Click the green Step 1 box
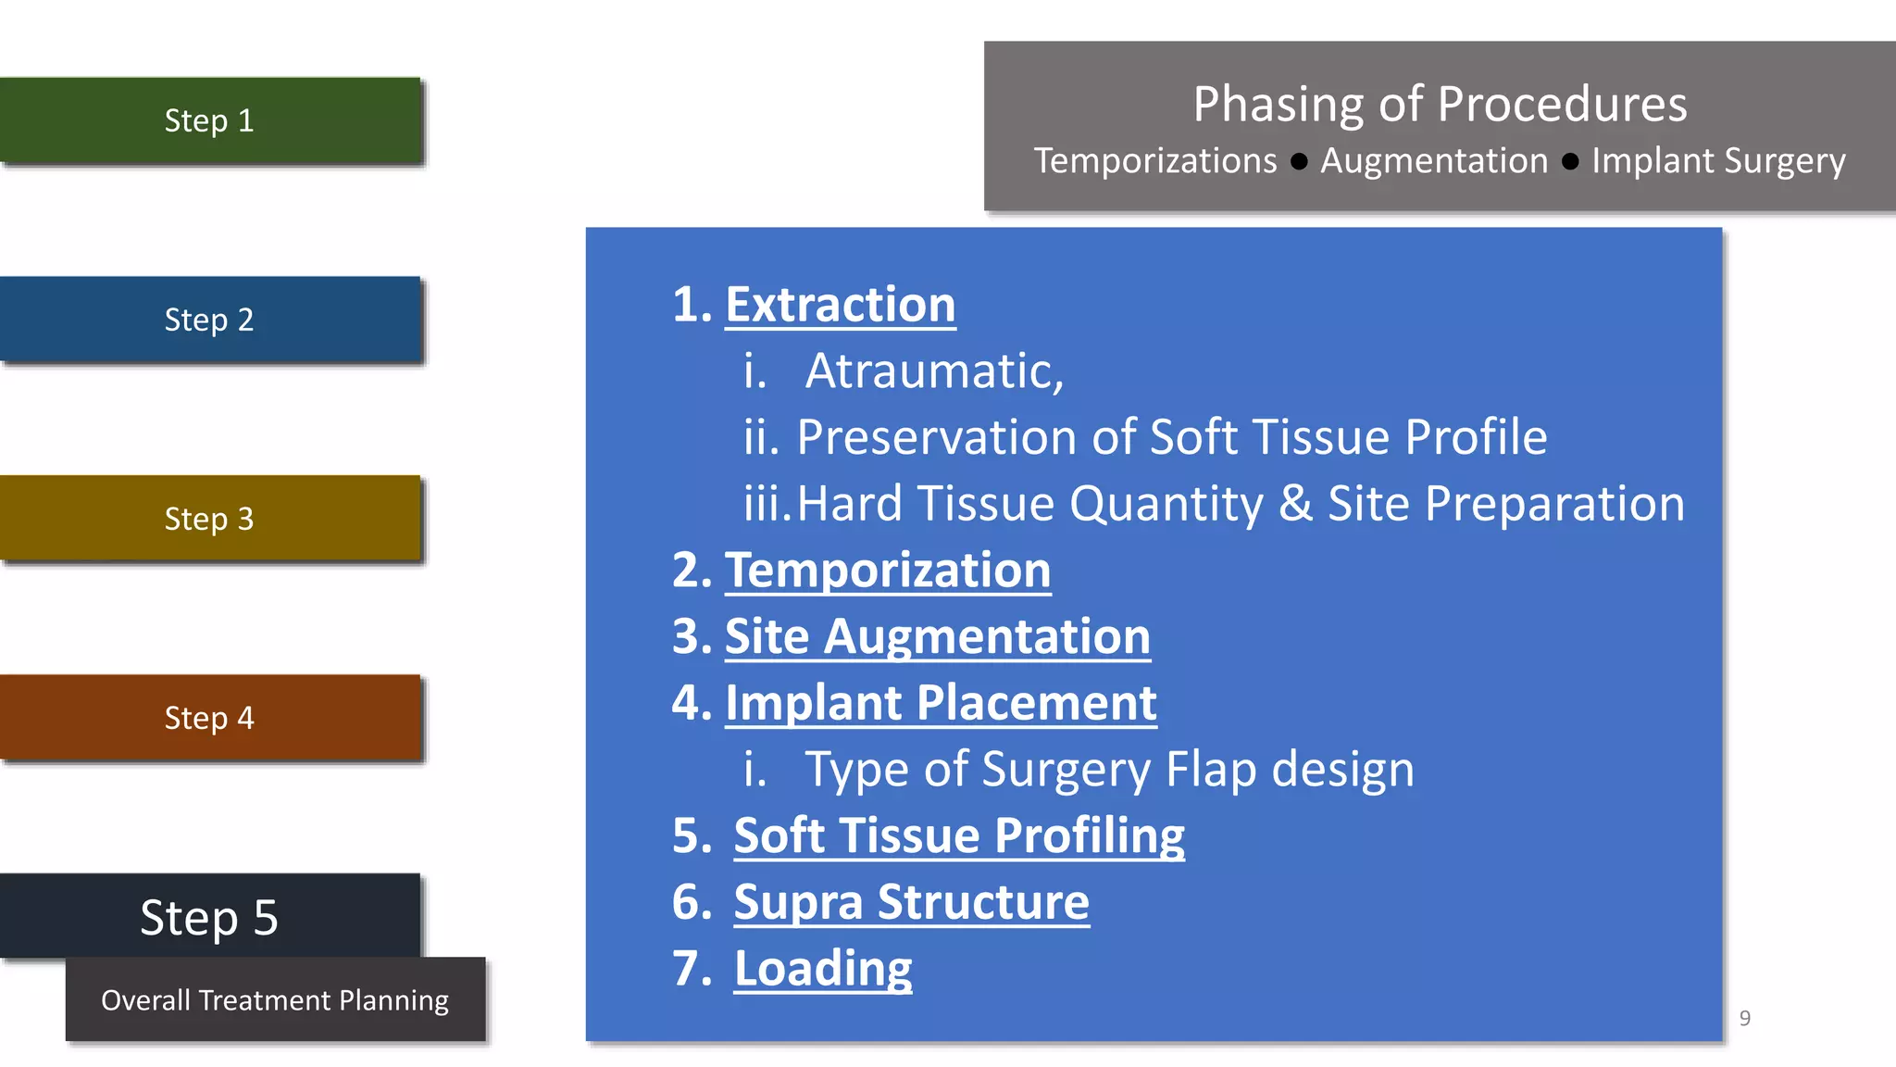209,120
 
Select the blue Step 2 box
209,320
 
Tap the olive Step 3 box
209,519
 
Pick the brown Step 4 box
209,718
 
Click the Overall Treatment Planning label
275,1000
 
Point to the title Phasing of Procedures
1440,104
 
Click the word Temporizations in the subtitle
1154,161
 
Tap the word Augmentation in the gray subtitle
1433,161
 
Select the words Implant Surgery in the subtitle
1718,161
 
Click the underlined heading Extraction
840,305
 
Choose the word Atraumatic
934,371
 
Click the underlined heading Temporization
887,571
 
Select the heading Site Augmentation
937,637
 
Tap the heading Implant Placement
941,703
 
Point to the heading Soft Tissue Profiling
958,835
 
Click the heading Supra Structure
911,902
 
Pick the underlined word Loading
822,969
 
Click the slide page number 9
1744,1019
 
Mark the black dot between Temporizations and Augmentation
1299,162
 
